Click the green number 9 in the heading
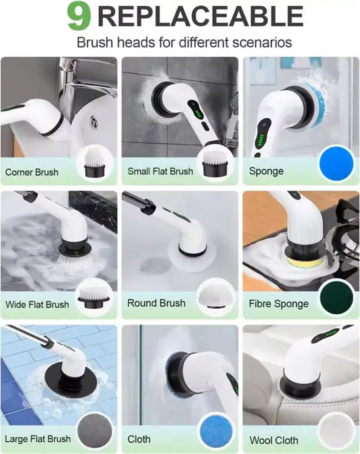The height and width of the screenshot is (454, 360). [78, 17]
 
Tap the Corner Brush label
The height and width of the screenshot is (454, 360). [32, 172]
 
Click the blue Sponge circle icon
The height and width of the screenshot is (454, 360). [336, 164]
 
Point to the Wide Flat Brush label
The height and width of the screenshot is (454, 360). [37, 304]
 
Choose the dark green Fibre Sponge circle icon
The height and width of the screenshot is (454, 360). [336, 297]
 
